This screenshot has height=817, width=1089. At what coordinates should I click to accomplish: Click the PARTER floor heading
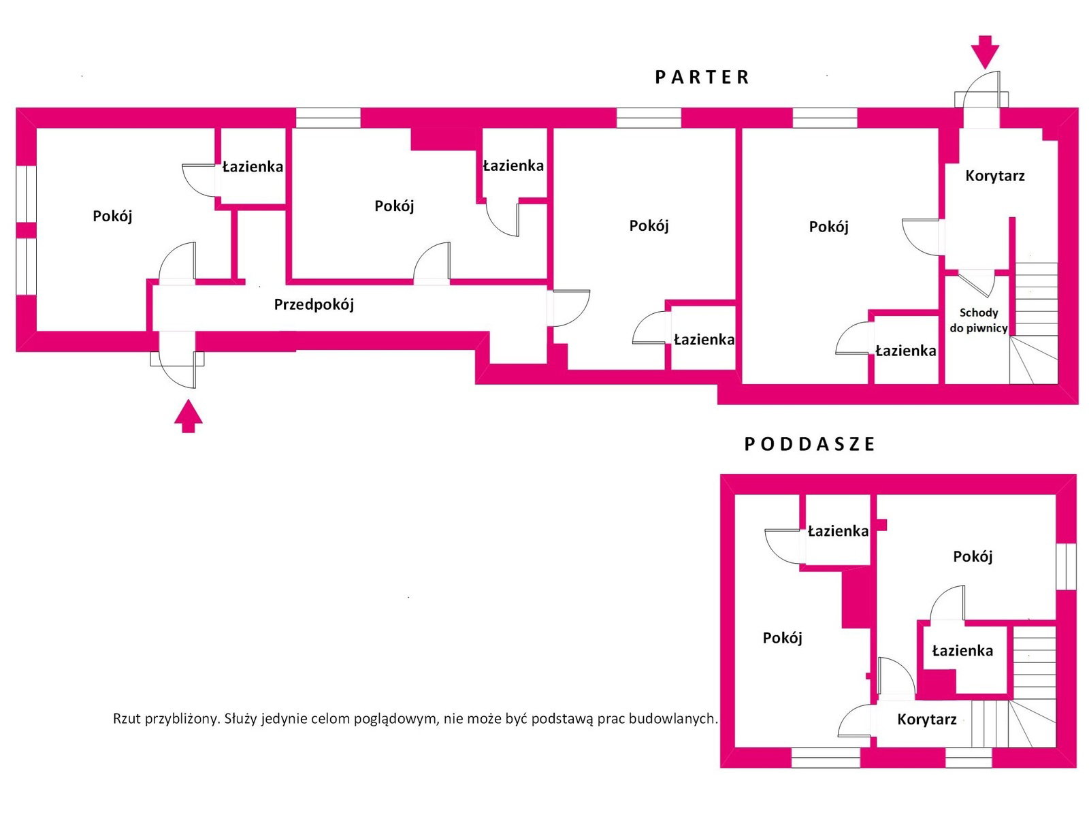pos(701,78)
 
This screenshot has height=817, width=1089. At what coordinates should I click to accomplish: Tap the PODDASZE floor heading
pos(809,444)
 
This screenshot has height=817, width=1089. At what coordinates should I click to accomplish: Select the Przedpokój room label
pos(314,304)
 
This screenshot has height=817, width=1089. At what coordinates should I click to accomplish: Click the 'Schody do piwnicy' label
pos(978,320)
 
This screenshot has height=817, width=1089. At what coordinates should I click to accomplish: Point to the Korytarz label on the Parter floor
pos(995,176)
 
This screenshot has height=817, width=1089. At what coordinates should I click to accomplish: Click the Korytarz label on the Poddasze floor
pos(927,719)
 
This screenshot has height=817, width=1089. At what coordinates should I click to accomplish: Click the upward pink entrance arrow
pos(188,416)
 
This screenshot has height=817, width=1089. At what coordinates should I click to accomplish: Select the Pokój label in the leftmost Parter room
pos(112,217)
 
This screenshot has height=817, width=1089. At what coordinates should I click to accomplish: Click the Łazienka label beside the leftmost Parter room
pos(253,167)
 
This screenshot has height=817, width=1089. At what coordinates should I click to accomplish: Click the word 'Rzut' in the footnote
pos(127,719)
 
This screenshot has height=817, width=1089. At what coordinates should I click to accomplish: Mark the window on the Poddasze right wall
pos(1065,566)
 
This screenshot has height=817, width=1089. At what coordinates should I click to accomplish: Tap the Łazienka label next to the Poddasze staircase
pos(962,651)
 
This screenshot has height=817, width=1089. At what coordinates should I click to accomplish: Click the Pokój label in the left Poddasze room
pos(783,638)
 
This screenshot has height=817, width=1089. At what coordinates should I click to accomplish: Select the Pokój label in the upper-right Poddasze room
pos(973,556)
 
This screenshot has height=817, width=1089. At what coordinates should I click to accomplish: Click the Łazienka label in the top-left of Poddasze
pos(838,531)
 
